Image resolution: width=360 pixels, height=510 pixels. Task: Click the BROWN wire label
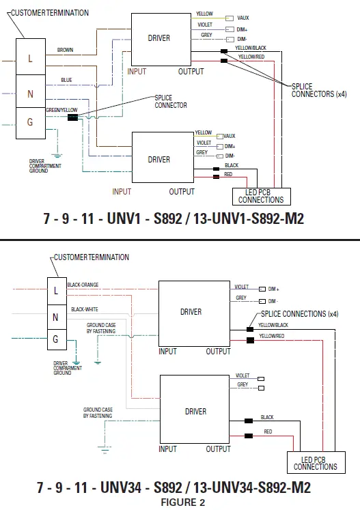66,50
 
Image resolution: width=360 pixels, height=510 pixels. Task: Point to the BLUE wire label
66,80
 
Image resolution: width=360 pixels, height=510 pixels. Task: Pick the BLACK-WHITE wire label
84,309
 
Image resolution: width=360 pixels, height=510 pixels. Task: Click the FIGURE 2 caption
182,502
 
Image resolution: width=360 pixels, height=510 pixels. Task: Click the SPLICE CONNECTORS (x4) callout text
318,91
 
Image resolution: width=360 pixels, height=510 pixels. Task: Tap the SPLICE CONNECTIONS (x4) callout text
295,314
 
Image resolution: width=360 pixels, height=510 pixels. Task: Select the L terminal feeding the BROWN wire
30,59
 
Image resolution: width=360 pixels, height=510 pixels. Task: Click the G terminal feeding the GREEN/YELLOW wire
30,123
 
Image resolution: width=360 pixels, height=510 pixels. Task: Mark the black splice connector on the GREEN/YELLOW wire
72,117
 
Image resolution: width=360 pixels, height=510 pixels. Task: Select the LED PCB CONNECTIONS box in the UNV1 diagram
260,197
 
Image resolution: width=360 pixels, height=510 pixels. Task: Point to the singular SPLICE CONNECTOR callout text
170,102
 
